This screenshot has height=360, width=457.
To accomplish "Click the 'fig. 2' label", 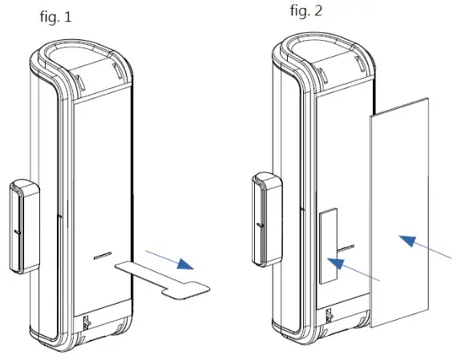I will click(x=309, y=11).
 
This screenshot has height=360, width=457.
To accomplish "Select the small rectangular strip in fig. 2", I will click(x=328, y=246).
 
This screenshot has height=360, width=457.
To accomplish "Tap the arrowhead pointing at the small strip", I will click(x=335, y=264).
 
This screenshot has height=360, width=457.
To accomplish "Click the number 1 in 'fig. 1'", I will click(x=67, y=17).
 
